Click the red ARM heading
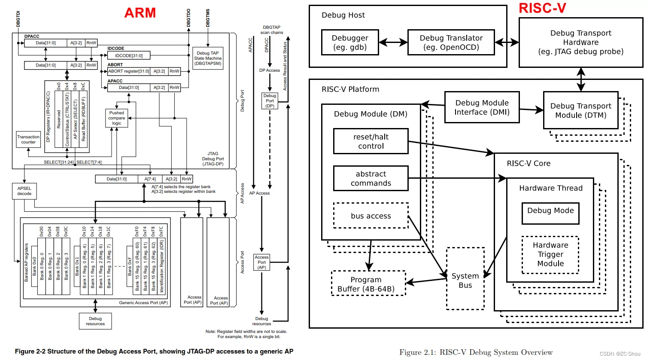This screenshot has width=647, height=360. point(140,13)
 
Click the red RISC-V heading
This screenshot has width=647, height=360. point(542,8)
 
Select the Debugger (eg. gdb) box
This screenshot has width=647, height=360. point(350,43)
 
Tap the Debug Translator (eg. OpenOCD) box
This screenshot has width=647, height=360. point(451,43)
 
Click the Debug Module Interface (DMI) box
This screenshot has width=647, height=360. point(482,107)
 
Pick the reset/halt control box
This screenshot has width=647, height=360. point(371,141)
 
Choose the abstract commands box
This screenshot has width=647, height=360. point(371,178)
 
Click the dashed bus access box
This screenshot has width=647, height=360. point(371,216)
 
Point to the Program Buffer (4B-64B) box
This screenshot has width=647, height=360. point(368,284)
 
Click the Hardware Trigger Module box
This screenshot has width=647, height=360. point(550,254)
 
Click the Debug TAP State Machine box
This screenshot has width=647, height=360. point(208,58)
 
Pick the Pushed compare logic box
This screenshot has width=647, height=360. point(117,118)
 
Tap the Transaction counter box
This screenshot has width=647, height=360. point(28,139)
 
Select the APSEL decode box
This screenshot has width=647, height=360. point(24,191)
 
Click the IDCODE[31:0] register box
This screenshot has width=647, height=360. point(129,55)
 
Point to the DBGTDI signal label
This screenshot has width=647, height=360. point(18,19)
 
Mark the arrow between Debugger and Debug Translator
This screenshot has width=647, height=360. point(393,42)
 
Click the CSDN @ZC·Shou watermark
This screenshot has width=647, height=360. point(620,354)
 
